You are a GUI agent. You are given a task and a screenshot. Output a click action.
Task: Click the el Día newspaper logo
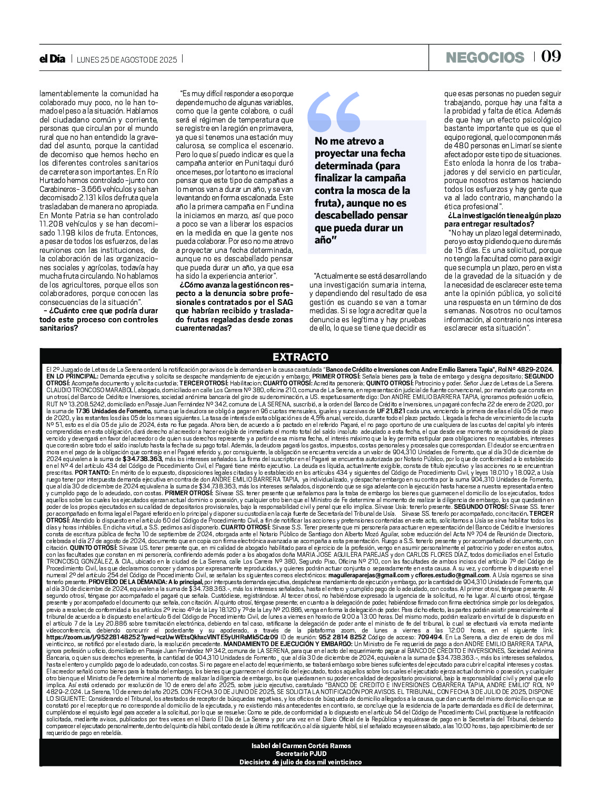(x=52, y=59)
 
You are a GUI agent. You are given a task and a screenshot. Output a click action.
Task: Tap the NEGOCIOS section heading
(x=485, y=57)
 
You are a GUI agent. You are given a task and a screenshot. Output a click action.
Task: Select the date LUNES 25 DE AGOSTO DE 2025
(x=127, y=59)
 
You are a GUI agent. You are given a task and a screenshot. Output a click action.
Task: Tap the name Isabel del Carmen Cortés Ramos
(x=301, y=745)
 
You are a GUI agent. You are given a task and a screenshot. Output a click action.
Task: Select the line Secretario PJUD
(x=301, y=753)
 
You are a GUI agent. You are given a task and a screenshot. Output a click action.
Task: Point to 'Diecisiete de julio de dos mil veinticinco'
(x=301, y=762)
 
